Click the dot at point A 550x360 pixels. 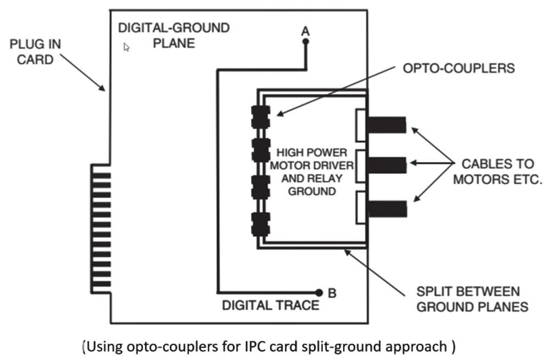(x=306, y=41)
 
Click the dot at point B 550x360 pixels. (x=318, y=292)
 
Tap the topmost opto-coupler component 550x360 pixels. (x=260, y=116)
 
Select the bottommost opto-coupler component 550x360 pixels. (x=260, y=224)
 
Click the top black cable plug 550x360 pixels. (x=386, y=125)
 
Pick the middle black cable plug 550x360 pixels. (x=386, y=164)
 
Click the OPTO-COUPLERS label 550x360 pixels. (x=459, y=69)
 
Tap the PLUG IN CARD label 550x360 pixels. (x=35, y=52)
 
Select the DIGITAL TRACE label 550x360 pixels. (x=270, y=305)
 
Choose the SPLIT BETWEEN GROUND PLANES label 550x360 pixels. (x=472, y=299)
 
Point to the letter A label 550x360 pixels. (x=306, y=31)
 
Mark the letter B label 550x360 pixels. (x=332, y=293)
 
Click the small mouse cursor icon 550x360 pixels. (x=127, y=47)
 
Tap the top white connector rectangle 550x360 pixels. (x=361, y=125)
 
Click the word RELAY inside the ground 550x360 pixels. (x=324, y=178)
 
